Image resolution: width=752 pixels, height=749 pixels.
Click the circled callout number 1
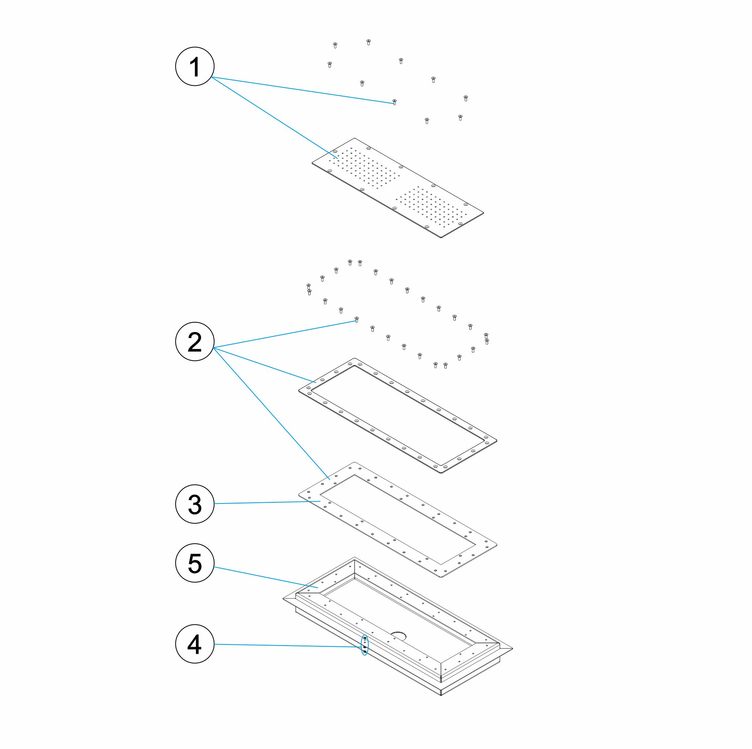click(x=195, y=66)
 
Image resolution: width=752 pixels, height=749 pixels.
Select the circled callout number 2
click(x=195, y=341)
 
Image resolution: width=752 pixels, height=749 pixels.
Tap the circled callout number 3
click(x=195, y=504)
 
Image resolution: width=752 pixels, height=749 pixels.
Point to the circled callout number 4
click(x=195, y=644)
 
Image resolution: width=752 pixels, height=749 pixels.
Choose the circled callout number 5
click(x=195, y=563)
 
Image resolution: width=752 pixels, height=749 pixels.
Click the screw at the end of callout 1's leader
click(x=394, y=102)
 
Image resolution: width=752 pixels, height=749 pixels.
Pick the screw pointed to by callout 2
click(x=356, y=320)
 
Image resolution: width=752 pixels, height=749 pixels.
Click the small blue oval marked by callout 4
click(x=364, y=645)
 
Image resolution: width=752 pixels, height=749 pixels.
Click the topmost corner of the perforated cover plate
click(x=354, y=138)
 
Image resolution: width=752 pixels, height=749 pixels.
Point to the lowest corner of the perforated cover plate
click(x=441, y=237)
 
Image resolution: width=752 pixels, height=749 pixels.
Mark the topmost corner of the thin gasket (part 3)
click(x=354, y=462)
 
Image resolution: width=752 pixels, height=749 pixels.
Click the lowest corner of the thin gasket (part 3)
click(x=441, y=577)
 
